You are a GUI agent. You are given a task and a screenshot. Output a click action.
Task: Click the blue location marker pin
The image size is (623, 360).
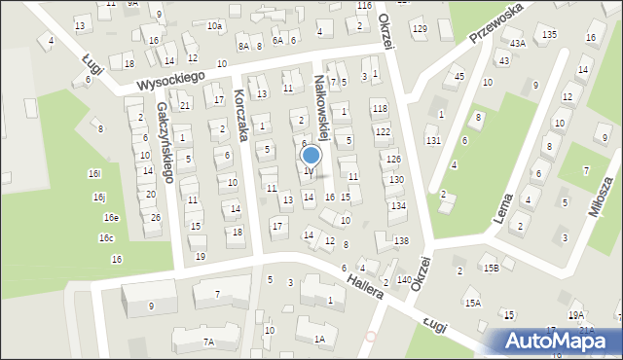coord(311,156)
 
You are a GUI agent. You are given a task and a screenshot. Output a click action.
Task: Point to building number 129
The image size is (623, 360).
coord(420,28)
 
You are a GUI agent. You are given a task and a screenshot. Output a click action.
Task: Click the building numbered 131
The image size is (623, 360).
coord(433,141)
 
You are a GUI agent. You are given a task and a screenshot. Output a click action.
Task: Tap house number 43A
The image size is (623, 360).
coord(517,44)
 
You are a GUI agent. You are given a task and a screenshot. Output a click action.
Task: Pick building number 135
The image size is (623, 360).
coord(550,34)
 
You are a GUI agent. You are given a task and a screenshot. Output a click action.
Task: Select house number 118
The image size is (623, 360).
coord(380,108)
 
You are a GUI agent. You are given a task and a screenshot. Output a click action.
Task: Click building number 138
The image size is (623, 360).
coord(401,240)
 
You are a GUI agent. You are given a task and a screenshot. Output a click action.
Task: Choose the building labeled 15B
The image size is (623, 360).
coord(493,268)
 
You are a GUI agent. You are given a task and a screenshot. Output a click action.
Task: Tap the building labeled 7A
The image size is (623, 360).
coord(208,342)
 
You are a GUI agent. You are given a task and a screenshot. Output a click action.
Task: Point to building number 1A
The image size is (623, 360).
coord(319,339)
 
